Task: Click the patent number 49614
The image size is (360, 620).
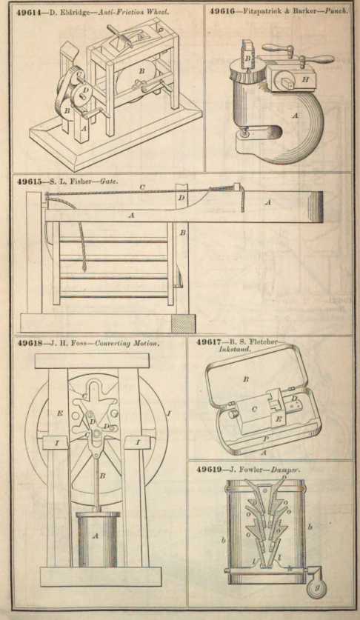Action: [31, 11]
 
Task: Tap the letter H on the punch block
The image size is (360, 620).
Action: [305, 79]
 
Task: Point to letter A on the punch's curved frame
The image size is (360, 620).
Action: [295, 116]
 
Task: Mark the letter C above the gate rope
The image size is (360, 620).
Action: [142, 187]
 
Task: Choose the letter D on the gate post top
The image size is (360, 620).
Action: [181, 198]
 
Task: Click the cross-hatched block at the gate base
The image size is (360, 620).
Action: [183, 324]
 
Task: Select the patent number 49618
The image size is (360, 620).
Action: [30, 343]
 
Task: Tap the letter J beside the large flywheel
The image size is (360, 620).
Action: [169, 413]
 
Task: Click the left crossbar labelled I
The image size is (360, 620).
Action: [56, 443]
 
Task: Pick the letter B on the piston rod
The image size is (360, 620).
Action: [102, 476]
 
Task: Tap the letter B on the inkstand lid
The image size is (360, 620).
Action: [245, 379]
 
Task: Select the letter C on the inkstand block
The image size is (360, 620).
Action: [254, 410]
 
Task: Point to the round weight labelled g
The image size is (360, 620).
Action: [317, 587]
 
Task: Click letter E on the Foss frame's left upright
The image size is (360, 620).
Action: [60, 413]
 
